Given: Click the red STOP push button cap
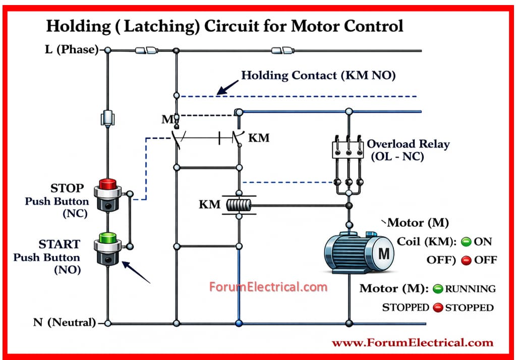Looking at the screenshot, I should [107, 183].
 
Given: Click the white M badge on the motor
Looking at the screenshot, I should [384, 254].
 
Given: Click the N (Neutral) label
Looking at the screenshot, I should [64, 323].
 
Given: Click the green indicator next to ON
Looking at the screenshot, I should [466, 242].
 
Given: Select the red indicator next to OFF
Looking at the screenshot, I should [466, 260].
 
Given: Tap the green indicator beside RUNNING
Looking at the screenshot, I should [438, 289].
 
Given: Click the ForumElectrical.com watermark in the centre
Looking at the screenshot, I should [268, 287].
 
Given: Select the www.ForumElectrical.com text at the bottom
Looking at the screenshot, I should [412, 343].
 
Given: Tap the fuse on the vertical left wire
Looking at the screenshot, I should [107, 118].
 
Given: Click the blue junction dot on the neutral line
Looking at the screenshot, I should [239, 323].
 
